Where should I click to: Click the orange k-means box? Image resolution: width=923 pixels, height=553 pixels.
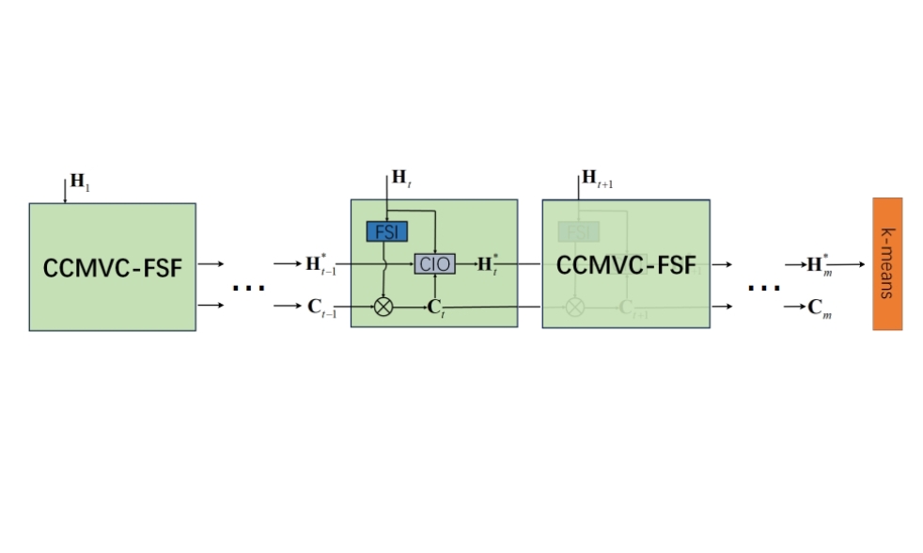(886, 263)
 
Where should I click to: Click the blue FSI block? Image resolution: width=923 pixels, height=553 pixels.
(386, 231)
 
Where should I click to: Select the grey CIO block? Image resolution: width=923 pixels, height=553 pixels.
(434, 264)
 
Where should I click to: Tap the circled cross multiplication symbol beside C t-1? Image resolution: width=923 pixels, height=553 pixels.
(383, 307)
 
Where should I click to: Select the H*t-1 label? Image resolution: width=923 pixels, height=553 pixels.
(321, 264)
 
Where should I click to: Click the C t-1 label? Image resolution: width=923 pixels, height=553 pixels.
(321, 308)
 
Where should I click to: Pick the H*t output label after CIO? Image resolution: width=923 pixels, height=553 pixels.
(486, 264)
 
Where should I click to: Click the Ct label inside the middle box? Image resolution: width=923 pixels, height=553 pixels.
(435, 308)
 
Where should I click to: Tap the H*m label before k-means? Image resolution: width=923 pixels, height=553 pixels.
(819, 264)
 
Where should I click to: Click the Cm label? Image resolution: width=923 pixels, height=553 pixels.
(821, 308)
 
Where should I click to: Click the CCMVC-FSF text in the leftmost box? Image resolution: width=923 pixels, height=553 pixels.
(112, 269)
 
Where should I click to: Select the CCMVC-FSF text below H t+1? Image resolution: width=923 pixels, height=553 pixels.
(626, 265)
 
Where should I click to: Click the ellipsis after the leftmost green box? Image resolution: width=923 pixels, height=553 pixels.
(248, 288)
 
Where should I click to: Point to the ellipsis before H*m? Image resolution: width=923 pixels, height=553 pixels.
(763, 288)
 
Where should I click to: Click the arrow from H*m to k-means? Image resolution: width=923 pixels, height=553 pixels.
(848, 264)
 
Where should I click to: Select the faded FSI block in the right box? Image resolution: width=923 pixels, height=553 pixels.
(577, 231)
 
